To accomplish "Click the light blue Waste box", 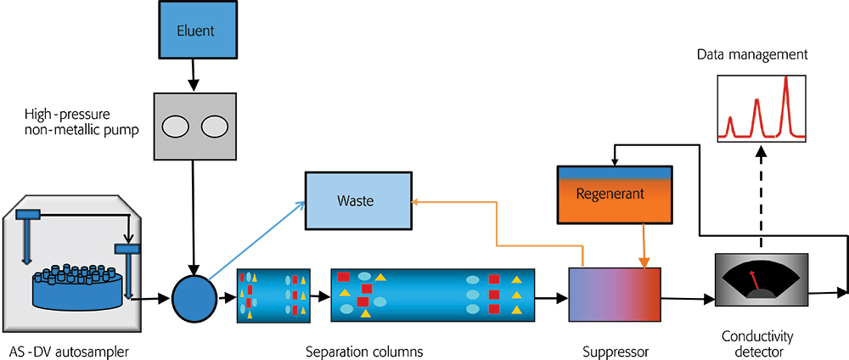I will pyautogui.click(x=356, y=201).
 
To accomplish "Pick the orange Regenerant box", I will pyautogui.click(x=610, y=194).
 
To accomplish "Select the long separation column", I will pyautogui.click(x=432, y=297).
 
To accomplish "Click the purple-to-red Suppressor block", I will pyautogui.click(x=614, y=296).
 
